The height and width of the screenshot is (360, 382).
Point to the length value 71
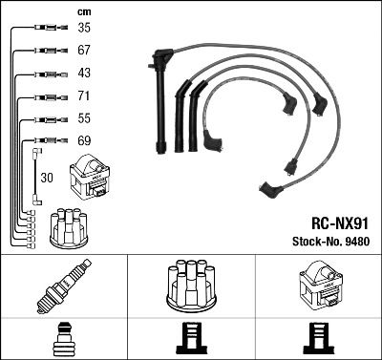(84, 97)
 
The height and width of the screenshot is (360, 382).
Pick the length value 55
(84, 119)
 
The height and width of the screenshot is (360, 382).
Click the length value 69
(84, 141)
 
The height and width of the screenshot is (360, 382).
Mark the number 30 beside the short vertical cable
(48, 177)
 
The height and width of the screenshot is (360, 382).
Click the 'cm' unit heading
(83, 11)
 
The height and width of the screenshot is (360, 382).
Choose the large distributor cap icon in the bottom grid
(191, 284)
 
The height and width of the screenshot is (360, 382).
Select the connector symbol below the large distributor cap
(191, 339)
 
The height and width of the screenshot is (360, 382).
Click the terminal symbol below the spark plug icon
(63, 339)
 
